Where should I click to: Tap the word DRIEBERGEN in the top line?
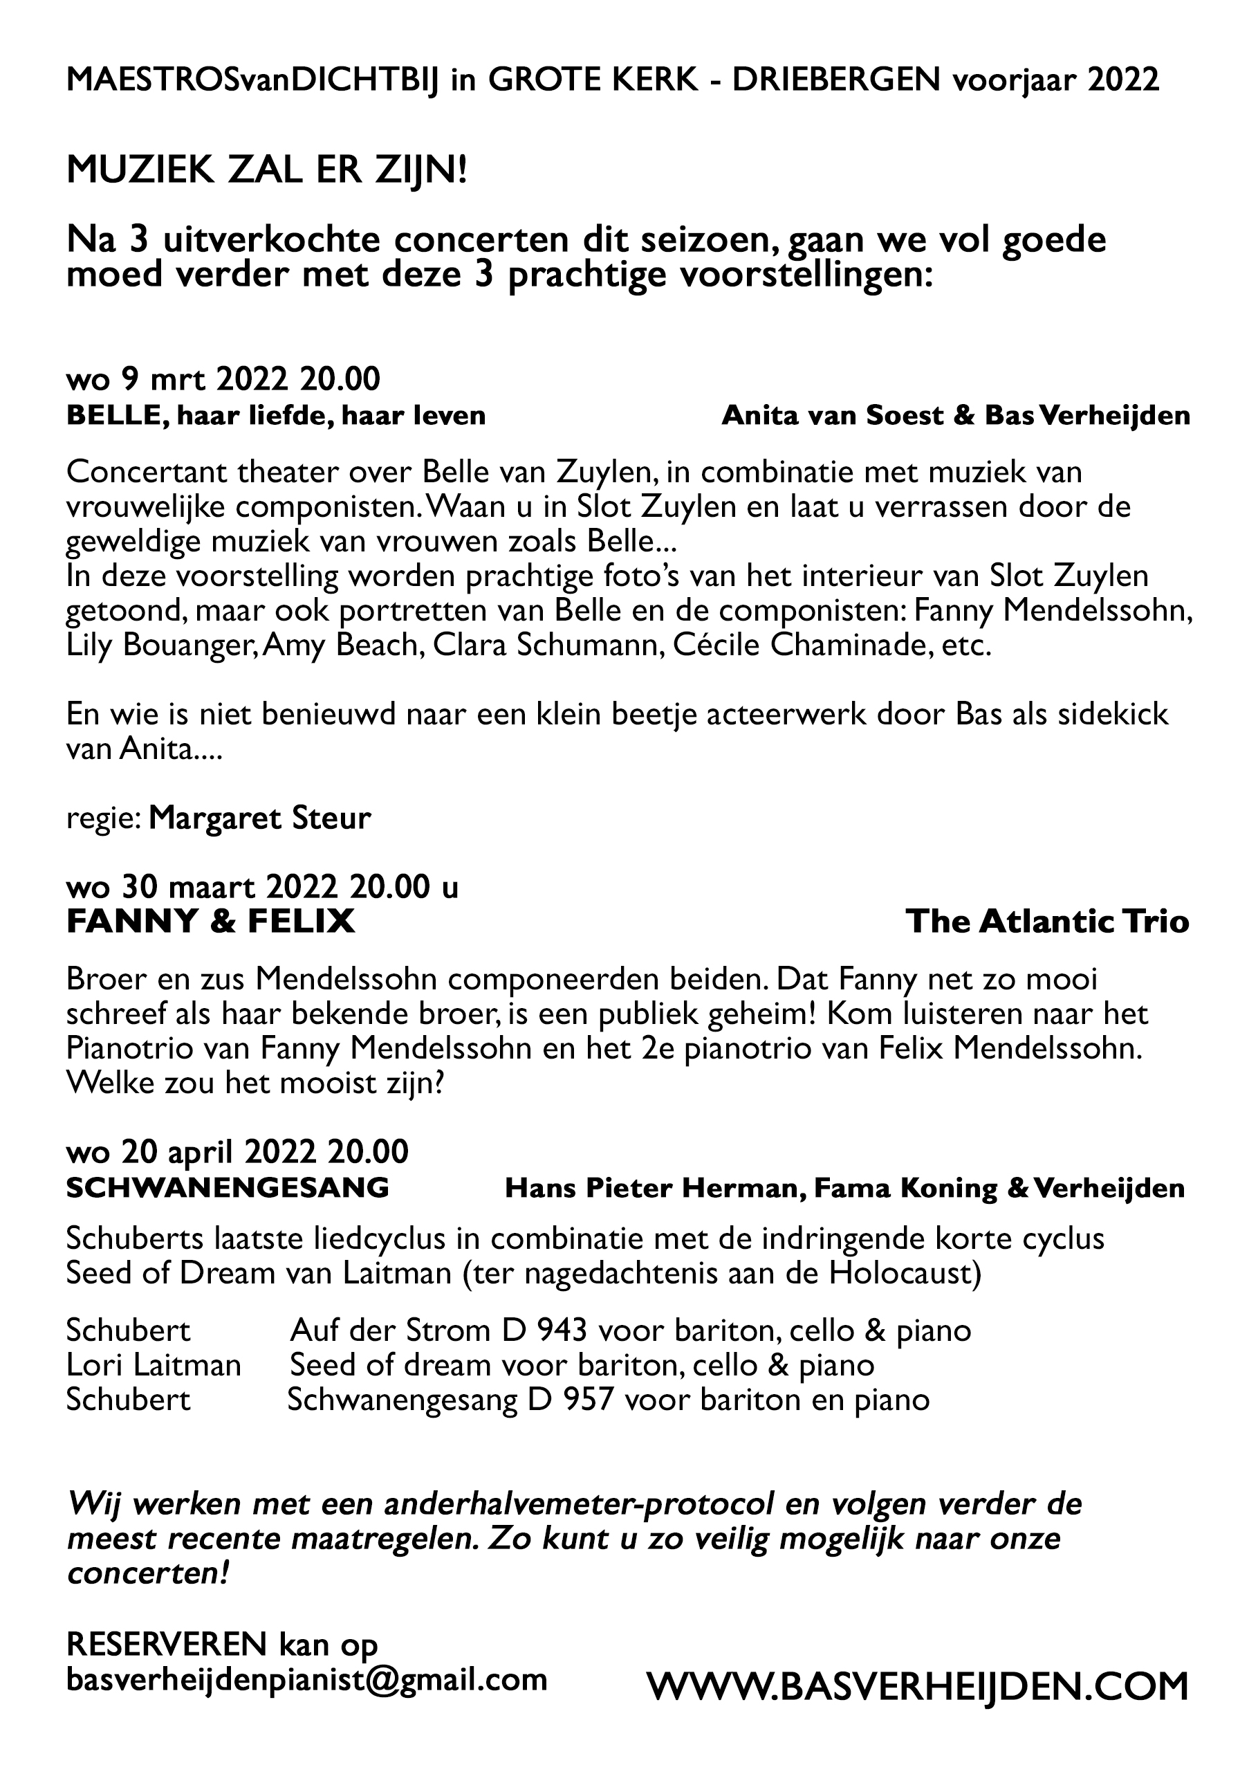(x=836, y=80)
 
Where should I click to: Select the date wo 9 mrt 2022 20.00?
(x=223, y=380)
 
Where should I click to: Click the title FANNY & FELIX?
(x=211, y=921)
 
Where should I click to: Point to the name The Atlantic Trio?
(x=1046, y=921)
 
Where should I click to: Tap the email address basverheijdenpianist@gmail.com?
(x=307, y=1679)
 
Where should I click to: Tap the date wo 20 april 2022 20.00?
(x=237, y=1152)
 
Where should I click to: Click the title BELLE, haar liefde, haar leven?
(x=276, y=415)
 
